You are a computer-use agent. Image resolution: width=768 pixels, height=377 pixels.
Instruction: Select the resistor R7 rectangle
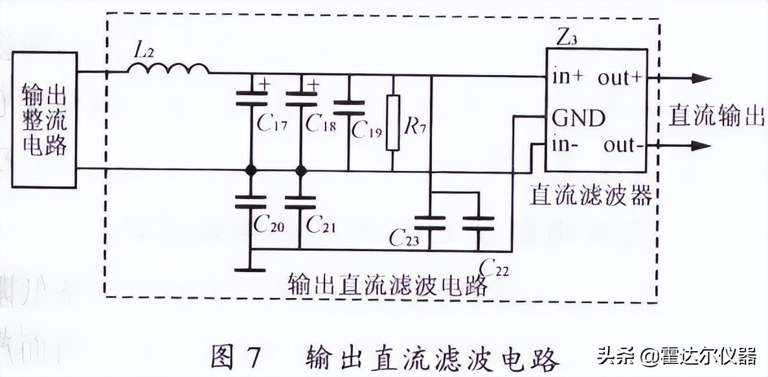[x=393, y=123]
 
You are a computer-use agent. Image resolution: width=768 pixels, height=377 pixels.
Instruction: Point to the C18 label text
[x=321, y=123]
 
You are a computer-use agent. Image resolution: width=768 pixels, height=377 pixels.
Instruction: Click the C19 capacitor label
[x=367, y=130]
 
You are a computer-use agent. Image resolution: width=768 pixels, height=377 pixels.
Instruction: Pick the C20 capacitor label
[x=269, y=224]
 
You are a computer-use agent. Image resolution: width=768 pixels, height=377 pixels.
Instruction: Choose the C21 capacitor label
[x=321, y=224]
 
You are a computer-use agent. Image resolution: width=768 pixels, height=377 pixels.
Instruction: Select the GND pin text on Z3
[x=578, y=118]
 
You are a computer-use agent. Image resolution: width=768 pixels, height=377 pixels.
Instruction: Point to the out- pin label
[x=624, y=145]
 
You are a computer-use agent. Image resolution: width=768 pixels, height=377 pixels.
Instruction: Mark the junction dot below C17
[x=250, y=171]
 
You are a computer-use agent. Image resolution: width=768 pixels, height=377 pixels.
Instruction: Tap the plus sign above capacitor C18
[x=314, y=84]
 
